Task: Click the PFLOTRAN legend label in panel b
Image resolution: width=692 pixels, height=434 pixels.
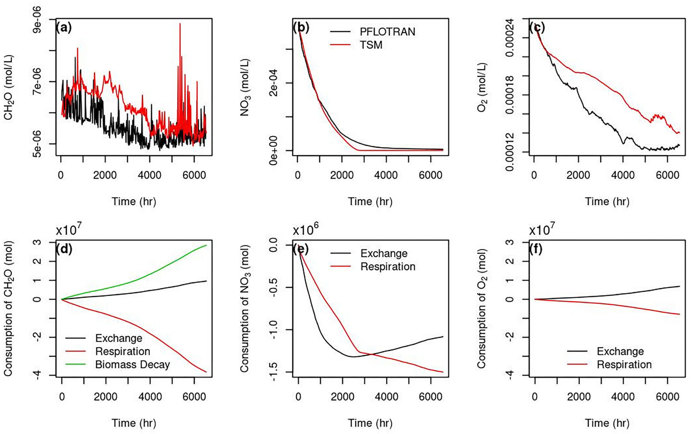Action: (387, 32)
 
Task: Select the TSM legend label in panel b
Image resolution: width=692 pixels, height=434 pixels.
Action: (371, 45)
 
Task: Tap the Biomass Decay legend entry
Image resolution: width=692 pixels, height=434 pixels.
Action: (132, 364)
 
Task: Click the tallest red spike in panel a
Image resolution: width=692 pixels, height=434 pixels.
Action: (180, 24)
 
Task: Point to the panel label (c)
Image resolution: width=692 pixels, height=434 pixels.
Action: (537, 27)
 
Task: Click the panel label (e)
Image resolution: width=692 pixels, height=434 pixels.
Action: (300, 249)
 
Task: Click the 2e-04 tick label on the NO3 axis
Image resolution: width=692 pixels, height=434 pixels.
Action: (273, 83)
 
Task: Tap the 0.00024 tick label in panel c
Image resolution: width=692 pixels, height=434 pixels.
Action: (510, 38)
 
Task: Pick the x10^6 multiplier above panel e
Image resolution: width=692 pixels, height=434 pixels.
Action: (305, 229)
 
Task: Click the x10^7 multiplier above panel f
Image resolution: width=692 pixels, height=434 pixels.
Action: (542, 229)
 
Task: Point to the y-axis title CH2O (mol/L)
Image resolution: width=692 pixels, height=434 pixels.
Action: (8, 87)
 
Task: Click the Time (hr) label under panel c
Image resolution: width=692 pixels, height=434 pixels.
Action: (607, 201)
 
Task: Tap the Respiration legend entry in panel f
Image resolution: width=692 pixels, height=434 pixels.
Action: (624, 364)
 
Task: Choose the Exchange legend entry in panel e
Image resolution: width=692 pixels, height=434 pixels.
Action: (384, 253)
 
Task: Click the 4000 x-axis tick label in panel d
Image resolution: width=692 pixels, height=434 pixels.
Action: (150, 396)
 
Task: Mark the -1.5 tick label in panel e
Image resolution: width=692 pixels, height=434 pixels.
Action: (273, 372)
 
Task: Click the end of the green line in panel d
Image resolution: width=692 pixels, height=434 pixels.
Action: (206, 245)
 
